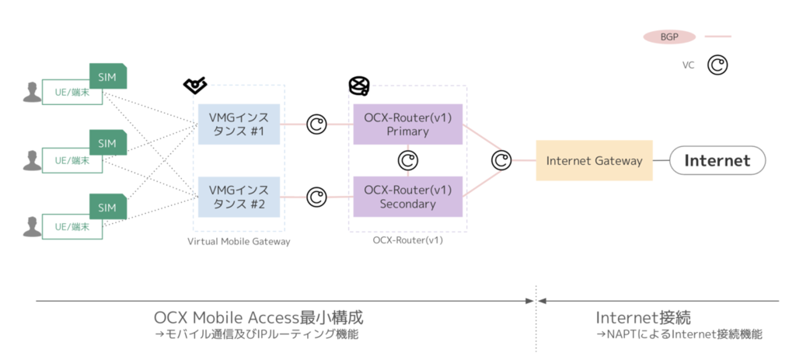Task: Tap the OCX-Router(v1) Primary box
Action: [x=407, y=124]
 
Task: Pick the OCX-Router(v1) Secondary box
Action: [x=407, y=196]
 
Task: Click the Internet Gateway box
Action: [x=594, y=161]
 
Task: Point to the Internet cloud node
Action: [x=717, y=161]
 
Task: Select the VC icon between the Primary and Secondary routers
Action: [x=408, y=160]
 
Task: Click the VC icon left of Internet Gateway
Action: [x=501, y=161]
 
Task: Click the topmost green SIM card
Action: [x=107, y=76]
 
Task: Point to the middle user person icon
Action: [x=32, y=160]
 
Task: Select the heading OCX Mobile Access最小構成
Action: [x=258, y=318]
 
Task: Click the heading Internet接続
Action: [x=643, y=318]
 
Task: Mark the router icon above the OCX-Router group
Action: [x=358, y=85]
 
